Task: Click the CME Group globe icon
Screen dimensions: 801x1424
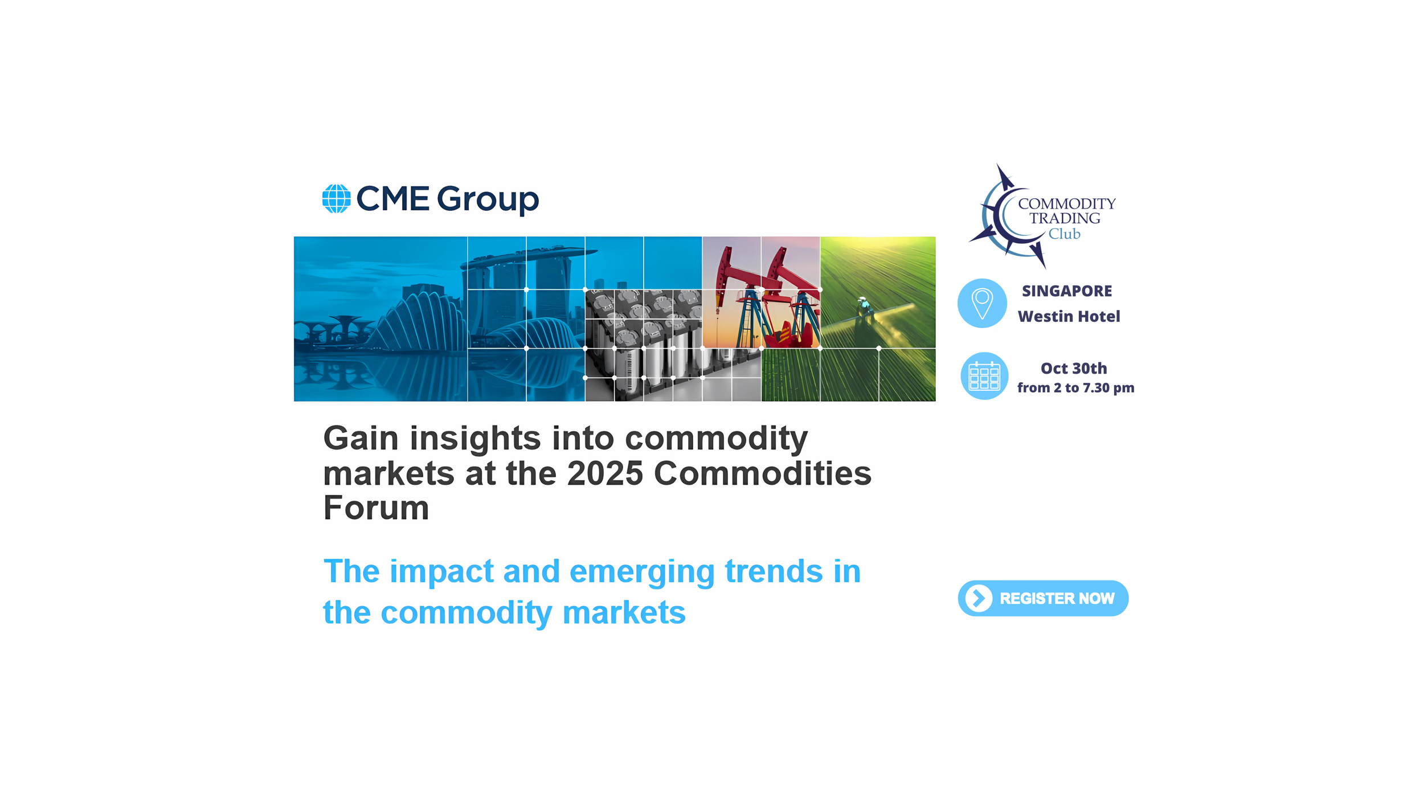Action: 336,199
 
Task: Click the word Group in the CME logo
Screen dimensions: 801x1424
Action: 488,199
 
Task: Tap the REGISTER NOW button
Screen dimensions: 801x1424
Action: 1043,598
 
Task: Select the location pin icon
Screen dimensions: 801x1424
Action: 982,303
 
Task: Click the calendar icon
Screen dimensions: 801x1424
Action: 984,376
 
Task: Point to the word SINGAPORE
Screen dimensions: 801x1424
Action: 1066,291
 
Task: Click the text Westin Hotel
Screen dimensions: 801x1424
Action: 1069,316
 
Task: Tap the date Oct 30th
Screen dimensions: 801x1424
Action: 1073,369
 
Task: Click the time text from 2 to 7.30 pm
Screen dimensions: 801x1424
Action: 1075,388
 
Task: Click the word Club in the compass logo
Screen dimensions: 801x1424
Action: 1064,234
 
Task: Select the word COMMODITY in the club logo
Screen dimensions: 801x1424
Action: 1066,203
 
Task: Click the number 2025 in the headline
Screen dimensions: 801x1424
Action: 605,473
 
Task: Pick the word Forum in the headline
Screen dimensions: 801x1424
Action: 376,508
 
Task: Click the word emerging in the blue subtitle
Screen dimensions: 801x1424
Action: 641,572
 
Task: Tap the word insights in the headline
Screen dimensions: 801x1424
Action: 475,439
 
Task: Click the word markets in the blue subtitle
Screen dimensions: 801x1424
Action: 624,613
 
